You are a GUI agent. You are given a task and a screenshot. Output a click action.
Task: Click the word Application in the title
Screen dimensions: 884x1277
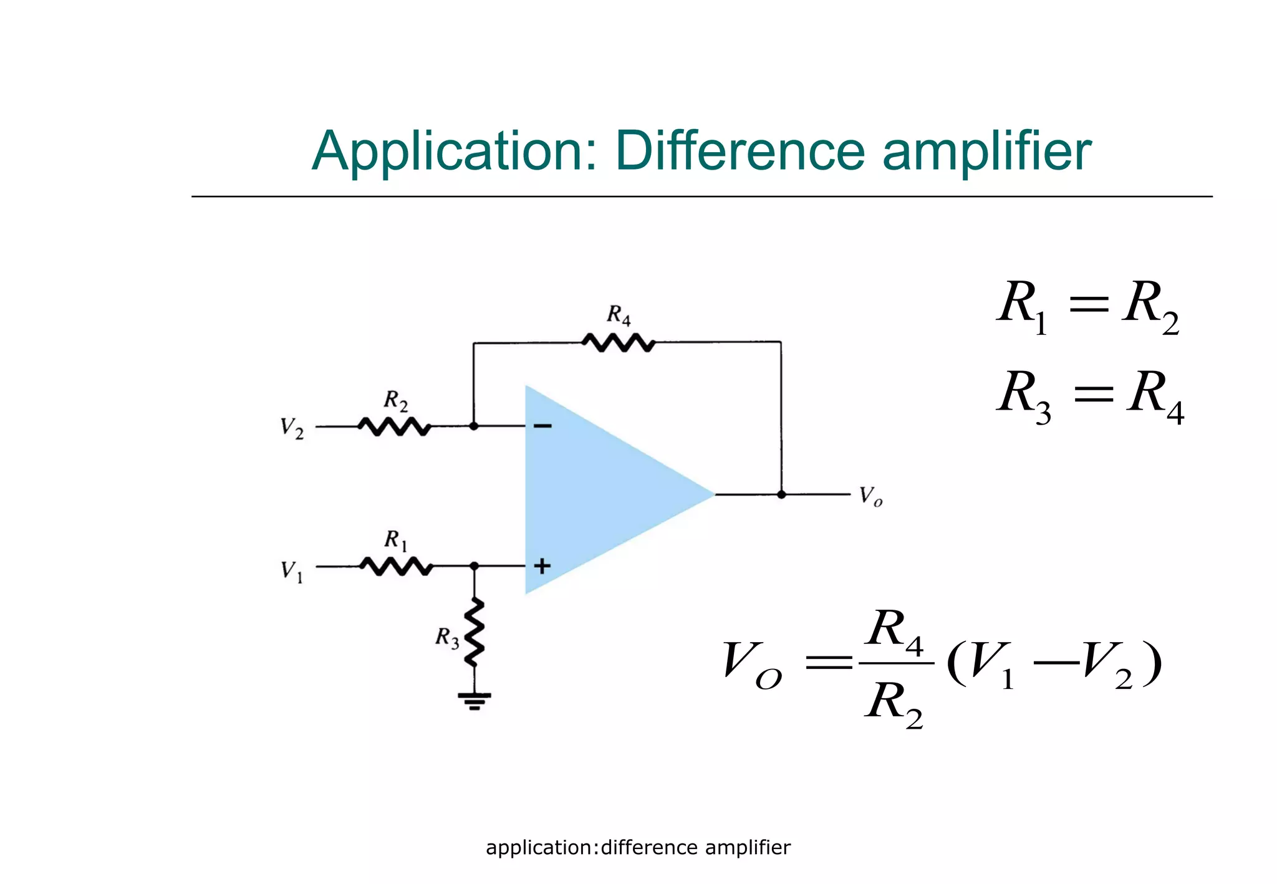pyautogui.click(x=454, y=151)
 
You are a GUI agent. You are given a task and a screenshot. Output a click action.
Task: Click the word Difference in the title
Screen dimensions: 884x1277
pyautogui.click(x=740, y=151)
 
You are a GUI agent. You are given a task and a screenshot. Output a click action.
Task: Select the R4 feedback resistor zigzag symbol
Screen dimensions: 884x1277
pyautogui.click(x=618, y=342)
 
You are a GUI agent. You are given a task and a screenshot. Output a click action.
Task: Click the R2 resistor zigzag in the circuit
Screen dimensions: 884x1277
pyautogui.click(x=393, y=427)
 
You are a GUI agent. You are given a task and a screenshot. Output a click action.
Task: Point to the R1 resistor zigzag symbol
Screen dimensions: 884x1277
pyautogui.click(x=396, y=566)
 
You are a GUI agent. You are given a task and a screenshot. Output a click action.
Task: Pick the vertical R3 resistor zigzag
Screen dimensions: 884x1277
pyautogui.click(x=475, y=632)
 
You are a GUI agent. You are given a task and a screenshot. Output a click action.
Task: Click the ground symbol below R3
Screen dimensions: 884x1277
pyautogui.click(x=475, y=701)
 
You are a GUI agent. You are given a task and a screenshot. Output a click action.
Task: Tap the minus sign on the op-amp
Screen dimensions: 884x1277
pyautogui.click(x=542, y=426)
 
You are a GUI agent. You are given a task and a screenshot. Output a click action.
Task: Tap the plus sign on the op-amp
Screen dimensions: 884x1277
pyautogui.click(x=542, y=566)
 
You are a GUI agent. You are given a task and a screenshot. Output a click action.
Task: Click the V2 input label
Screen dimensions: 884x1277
pyautogui.click(x=291, y=428)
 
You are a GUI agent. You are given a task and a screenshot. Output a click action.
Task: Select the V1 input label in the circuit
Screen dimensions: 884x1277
pyautogui.click(x=291, y=570)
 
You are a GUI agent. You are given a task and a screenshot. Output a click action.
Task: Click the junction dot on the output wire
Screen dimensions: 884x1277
pyautogui.click(x=781, y=494)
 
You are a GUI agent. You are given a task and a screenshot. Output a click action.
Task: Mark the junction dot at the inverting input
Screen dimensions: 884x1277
pyautogui.click(x=474, y=426)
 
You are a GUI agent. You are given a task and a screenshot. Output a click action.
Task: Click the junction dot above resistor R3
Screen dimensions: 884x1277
pyautogui.click(x=474, y=566)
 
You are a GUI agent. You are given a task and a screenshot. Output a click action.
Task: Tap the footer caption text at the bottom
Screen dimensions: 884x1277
pyautogui.click(x=638, y=848)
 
